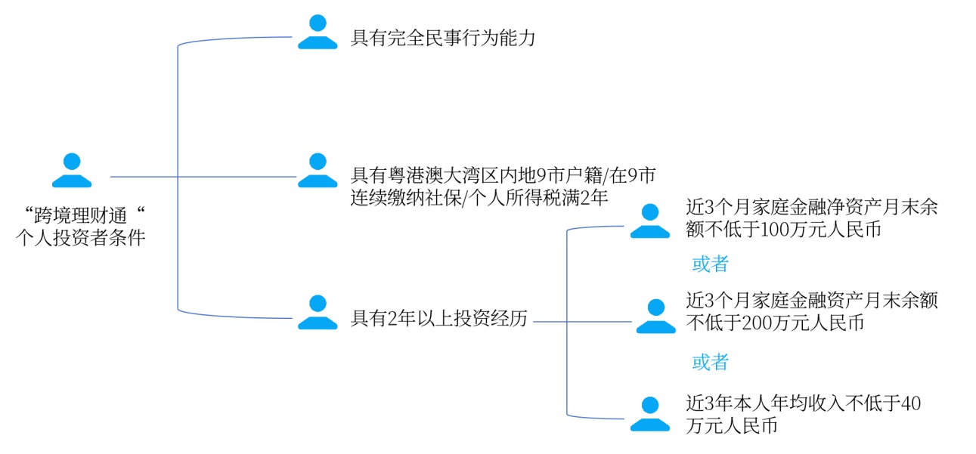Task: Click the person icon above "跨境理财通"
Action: tap(72, 171)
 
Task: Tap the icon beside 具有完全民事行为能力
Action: tap(318, 32)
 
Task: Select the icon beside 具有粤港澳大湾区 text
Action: tap(318, 171)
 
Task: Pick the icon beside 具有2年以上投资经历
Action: tap(318, 313)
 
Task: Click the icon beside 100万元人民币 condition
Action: tap(650, 221)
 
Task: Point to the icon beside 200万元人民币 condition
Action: tap(655, 317)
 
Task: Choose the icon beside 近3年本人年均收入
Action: tap(650, 414)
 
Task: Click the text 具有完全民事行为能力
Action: tap(443, 38)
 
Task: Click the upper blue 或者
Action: tap(710, 264)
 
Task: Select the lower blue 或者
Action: tap(710, 363)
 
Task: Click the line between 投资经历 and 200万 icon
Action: tap(582, 321)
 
